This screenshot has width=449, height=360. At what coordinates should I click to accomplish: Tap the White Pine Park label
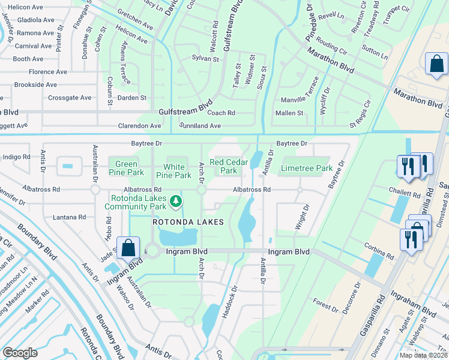click(x=174, y=171)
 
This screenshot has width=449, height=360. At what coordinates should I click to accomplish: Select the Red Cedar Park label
click(x=225, y=166)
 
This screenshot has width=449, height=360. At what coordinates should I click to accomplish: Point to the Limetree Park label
click(x=306, y=169)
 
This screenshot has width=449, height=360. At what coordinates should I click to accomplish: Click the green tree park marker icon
click(x=176, y=201)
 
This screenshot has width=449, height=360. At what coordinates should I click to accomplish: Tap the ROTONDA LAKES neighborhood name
click(x=188, y=222)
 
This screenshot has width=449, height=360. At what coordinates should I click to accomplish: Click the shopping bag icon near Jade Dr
click(x=128, y=247)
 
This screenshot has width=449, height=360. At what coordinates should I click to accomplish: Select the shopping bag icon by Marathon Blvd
click(x=436, y=64)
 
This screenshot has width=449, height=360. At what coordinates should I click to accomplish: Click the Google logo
click(x=20, y=353)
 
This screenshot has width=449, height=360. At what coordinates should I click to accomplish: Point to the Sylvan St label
click(x=205, y=58)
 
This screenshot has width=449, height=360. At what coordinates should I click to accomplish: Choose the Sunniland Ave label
click(x=200, y=126)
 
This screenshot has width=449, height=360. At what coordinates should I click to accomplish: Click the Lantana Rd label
click(x=70, y=217)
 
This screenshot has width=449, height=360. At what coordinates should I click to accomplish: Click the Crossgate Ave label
click(x=70, y=98)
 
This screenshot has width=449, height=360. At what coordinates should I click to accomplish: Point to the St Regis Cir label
click(x=361, y=113)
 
